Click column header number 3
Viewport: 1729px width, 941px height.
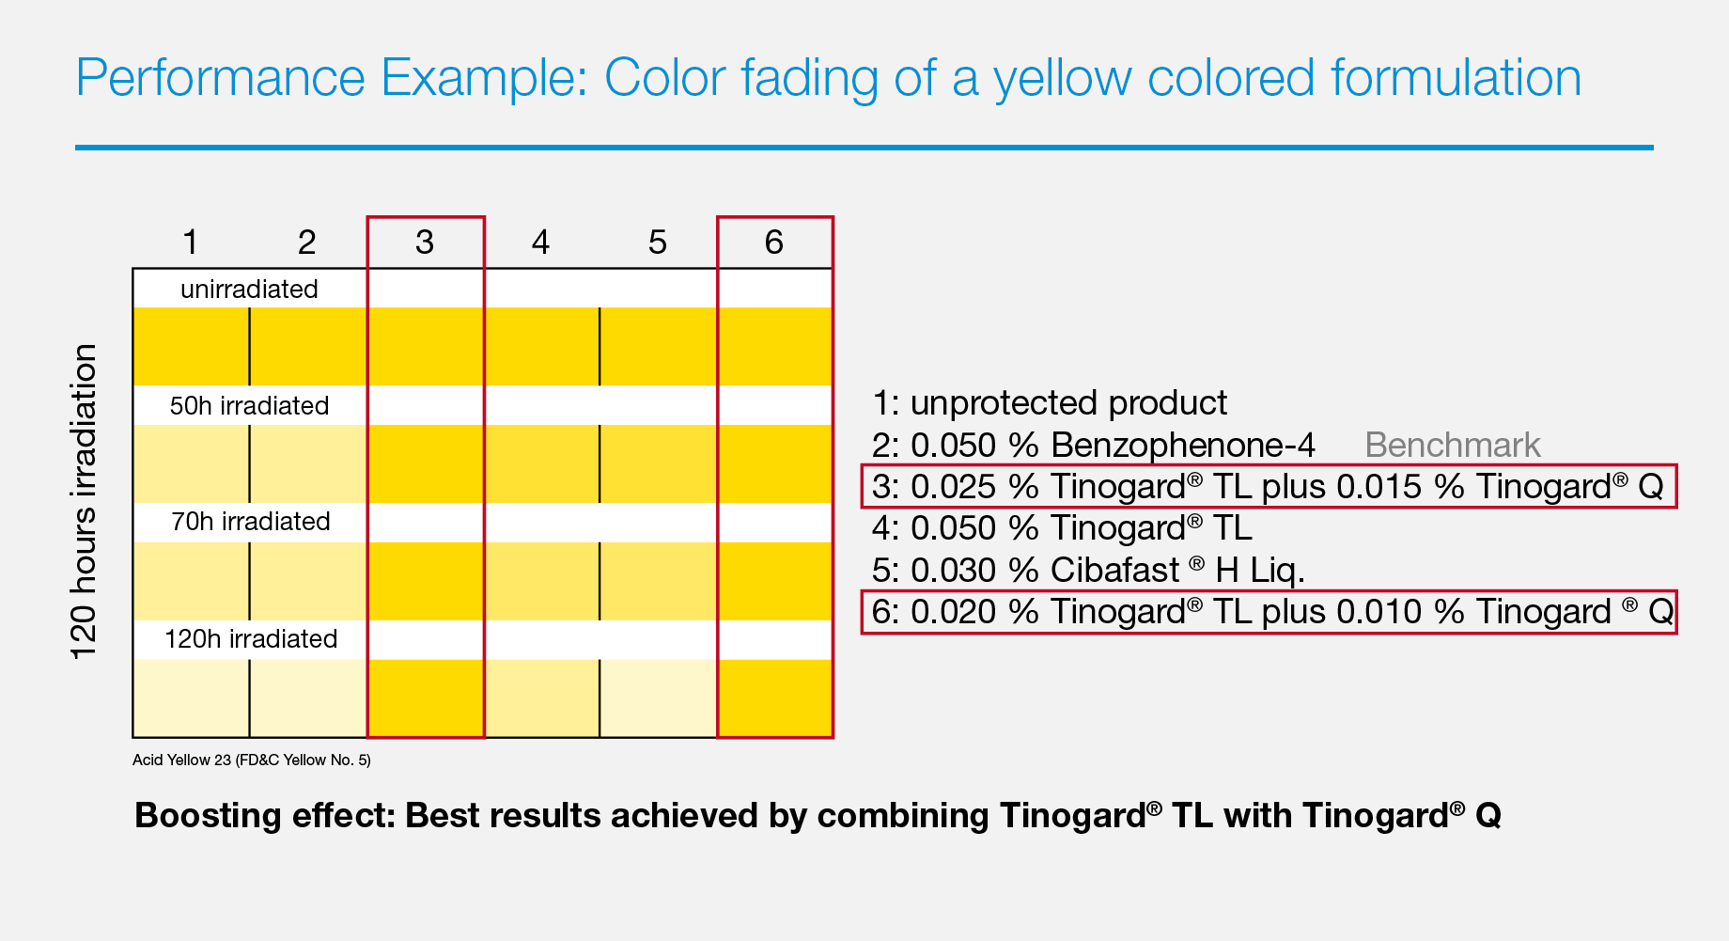pyautogui.click(x=425, y=243)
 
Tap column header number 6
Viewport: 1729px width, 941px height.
pyautogui.click(x=773, y=243)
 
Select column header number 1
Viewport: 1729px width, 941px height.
pyautogui.click(x=191, y=243)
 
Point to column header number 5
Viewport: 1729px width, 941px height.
pyautogui.click(x=657, y=243)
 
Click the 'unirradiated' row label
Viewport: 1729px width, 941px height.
pyautogui.click(x=249, y=289)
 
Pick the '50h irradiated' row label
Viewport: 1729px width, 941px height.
pyautogui.click(x=249, y=405)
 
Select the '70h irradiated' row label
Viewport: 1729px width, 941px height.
pyautogui.click(x=250, y=521)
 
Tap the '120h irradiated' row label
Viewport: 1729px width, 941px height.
pyautogui.click(x=250, y=638)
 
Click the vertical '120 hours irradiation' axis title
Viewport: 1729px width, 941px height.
pyautogui.click(x=84, y=502)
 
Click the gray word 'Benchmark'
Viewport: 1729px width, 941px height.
pyautogui.click(x=1452, y=445)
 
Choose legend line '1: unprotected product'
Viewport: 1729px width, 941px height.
pyautogui.click(x=1049, y=403)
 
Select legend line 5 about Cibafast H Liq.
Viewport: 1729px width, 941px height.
pyautogui.click(x=1088, y=570)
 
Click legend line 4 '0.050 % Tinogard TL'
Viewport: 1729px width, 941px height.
pyautogui.click(x=1062, y=528)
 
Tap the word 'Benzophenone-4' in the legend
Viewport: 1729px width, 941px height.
pyautogui.click(x=1183, y=445)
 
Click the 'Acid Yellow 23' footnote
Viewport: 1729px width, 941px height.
pyautogui.click(x=252, y=760)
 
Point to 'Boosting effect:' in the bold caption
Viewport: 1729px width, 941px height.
pyautogui.click(x=265, y=815)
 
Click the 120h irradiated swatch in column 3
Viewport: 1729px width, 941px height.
pyautogui.click(x=426, y=698)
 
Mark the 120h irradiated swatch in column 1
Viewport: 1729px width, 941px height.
pyautogui.click(x=192, y=698)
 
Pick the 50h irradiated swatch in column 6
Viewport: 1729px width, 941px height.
pyautogui.click(x=775, y=463)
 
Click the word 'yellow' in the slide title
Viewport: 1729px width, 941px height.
pyautogui.click(x=1063, y=79)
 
